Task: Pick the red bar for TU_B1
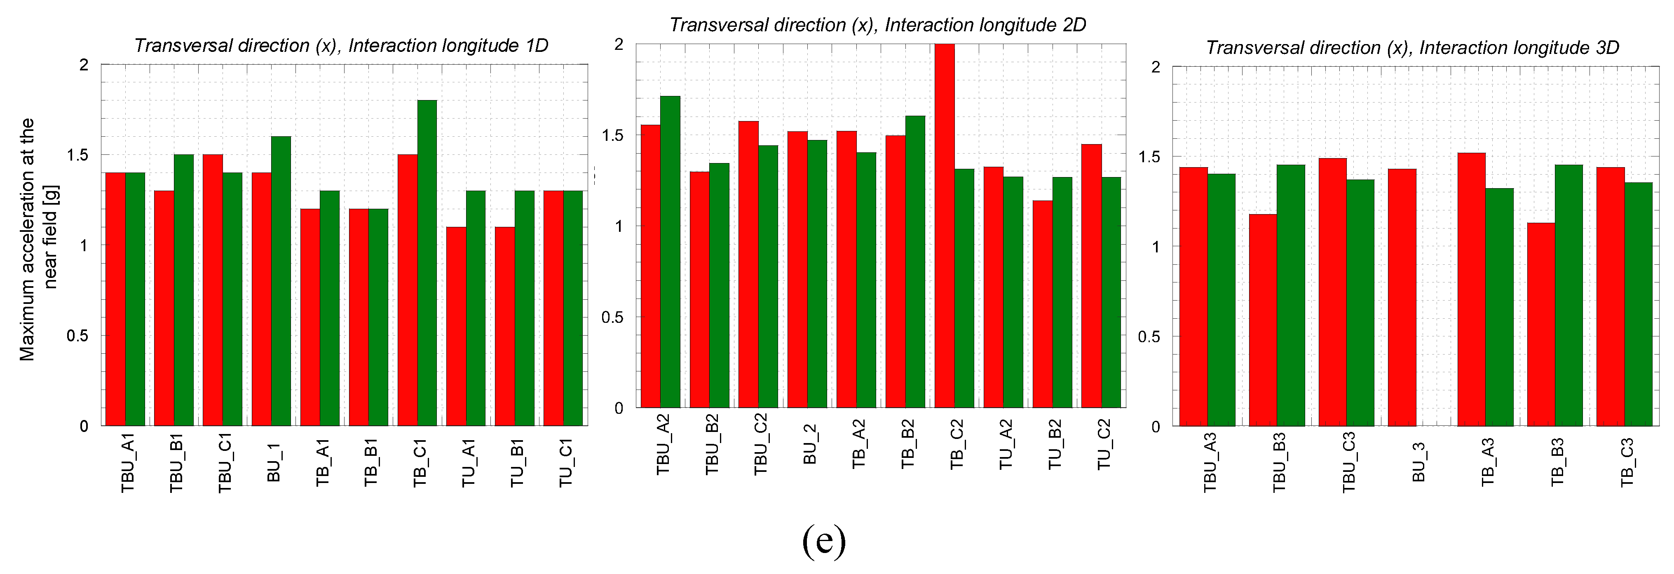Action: tap(505, 326)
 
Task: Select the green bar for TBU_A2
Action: tap(670, 252)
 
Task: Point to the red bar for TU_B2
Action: tap(1042, 304)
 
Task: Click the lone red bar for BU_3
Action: tap(1402, 297)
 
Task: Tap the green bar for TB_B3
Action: tap(1569, 296)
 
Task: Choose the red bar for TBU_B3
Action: tap(1263, 320)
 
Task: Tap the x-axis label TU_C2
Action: tap(1104, 444)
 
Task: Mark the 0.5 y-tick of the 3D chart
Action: tap(1149, 336)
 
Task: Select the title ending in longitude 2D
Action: tap(877, 25)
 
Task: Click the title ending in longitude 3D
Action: tap(1412, 47)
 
